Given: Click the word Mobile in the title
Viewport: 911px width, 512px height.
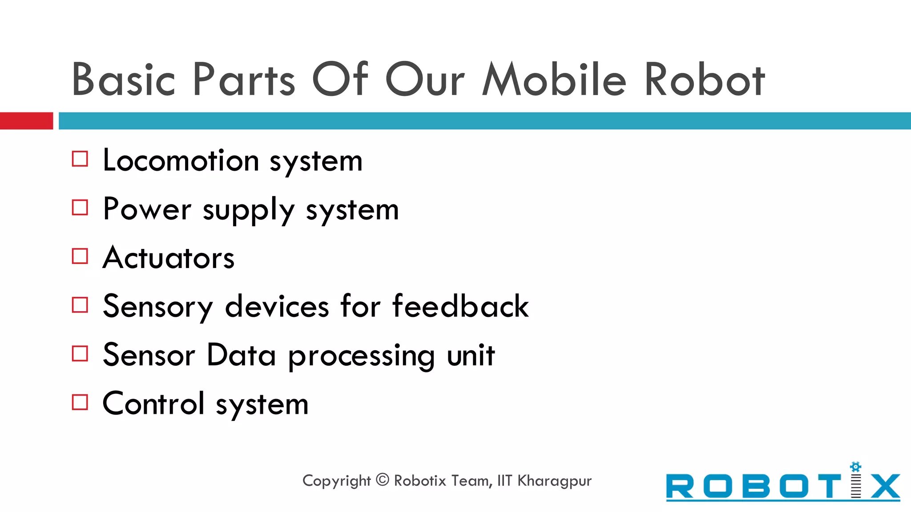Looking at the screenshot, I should tap(554, 80).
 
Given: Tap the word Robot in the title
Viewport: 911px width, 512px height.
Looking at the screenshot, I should tap(704, 80).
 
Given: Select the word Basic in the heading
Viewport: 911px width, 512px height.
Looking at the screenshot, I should tap(123, 80).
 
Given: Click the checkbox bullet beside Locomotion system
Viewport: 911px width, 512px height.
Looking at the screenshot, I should tap(80, 159).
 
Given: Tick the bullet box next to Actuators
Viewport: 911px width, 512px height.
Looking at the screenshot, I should tap(80, 256).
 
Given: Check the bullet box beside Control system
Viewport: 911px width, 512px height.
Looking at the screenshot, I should tap(80, 402).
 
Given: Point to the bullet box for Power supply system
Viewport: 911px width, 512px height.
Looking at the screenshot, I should tap(80, 208).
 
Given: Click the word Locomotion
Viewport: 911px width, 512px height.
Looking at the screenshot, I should tap(181, 160).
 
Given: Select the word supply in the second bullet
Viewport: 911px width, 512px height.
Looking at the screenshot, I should tap(249, 210).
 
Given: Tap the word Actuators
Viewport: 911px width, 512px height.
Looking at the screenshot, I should tap(169, 258).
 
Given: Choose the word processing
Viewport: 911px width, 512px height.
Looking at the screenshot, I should tap(361, 356).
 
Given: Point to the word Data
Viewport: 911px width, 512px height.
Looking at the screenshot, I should tap(241, 355).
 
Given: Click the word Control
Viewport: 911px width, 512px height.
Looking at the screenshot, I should tap(154, 404).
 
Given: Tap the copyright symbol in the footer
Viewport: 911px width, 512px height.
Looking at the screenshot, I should tap(383, 480).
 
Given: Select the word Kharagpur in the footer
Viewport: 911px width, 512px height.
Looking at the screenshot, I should tap(554, 481).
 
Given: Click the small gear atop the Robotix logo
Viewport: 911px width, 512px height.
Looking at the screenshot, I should tap(855, 467).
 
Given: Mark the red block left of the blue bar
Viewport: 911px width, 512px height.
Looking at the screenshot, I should tap(26, 121).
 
